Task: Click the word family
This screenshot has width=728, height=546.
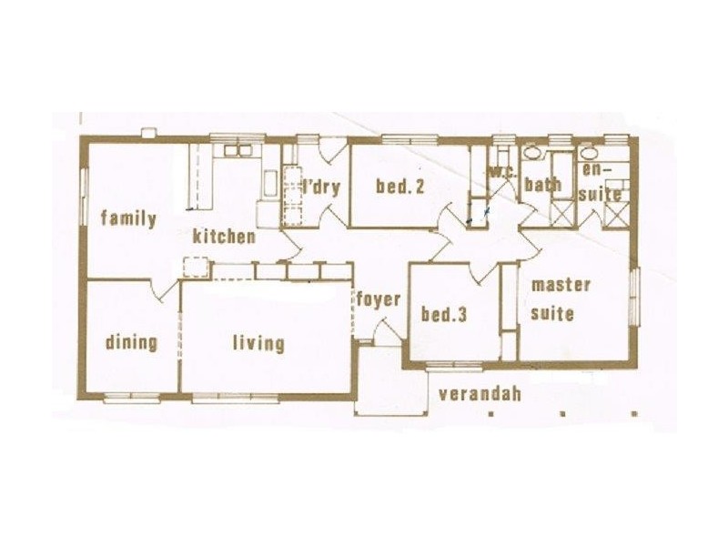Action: click(x=128, y=218)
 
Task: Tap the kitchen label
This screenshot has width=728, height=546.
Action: click(x=224, y=237)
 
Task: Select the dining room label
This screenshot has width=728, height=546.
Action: click(x=131, y=343)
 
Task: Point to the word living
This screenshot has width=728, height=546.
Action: click(x=258, y=344)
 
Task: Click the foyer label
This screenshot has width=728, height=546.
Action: click(x=379, y=300)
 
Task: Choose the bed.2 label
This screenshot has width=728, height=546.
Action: click(x=399, y=187)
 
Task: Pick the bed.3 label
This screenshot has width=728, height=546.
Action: click(x=443, y=315)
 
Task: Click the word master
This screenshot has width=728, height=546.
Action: click(x=561, y=285)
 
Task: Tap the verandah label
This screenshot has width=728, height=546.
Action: click(x=480, y=394)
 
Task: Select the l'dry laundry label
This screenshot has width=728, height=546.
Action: click(x=321, y=188)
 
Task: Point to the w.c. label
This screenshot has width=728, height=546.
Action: click(x=503, y=173)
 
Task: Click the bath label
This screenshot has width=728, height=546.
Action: click(x=542, y=185)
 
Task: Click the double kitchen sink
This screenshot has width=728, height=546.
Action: click(x=238, y=150)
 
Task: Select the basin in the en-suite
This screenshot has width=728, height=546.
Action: click(x=589, y=152)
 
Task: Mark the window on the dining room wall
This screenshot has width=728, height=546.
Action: click(x=131, y=397)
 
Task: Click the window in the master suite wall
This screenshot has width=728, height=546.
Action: click(x=634, y=297)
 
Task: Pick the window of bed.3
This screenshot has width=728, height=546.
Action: click(x=455, y=366)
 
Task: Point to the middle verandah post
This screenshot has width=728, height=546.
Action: click(x=562, y=413)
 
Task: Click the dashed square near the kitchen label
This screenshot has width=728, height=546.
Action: click(x=196, y=268)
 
